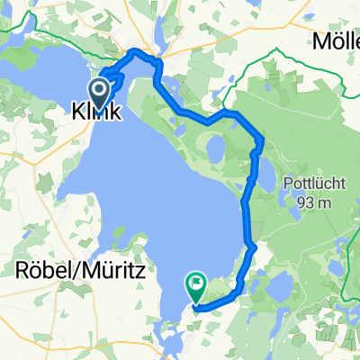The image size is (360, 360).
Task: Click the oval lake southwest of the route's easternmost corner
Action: [x=215, y=148]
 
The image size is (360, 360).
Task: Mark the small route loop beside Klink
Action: [x=113, y=78]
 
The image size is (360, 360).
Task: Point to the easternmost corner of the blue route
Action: [x=262, y=139]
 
